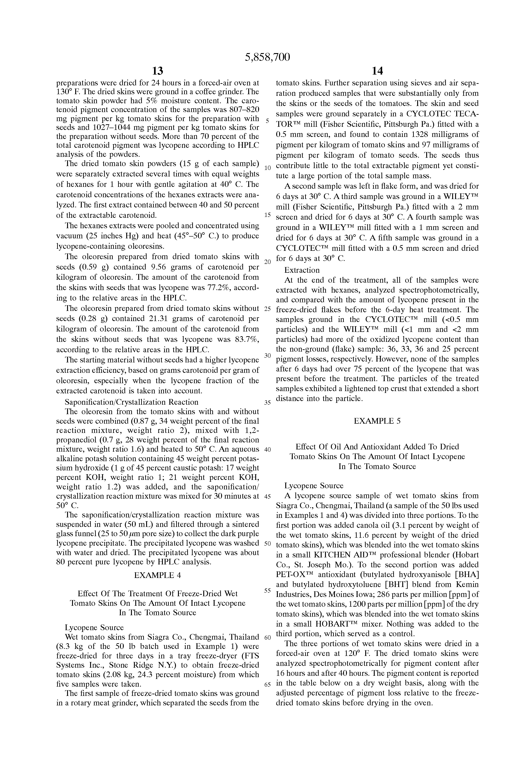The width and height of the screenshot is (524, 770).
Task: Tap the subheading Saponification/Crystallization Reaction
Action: coord(131,402)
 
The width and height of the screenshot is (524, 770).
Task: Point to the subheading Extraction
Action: coord(302,270)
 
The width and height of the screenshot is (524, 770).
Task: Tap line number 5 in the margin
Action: coord(267,121)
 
